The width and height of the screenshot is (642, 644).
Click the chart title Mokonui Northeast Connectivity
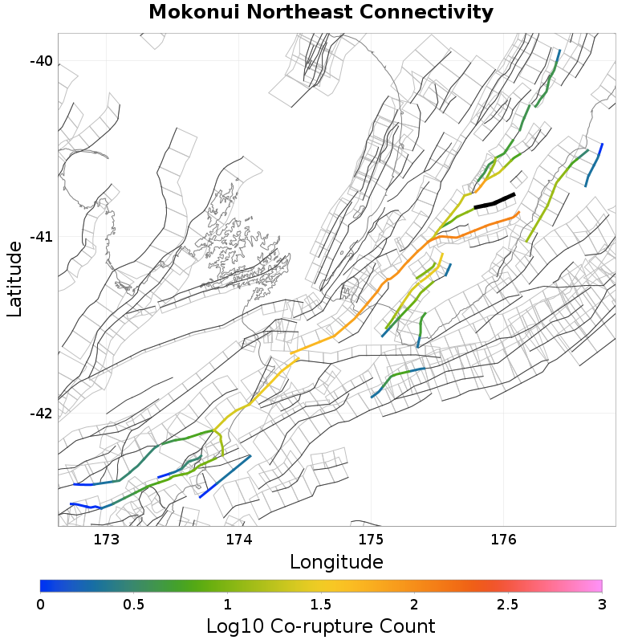click(321, 13)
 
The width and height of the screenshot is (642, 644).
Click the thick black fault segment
click(494, 201)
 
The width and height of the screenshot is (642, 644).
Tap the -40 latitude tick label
click(41, 62)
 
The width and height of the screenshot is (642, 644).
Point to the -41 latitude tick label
click(41, 238)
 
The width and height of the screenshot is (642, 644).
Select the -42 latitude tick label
click(41, 414)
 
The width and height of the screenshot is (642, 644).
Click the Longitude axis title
click(336, 561)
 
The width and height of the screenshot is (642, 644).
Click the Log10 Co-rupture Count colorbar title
click(321, 626)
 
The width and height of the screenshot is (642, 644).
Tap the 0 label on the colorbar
click(41, 603)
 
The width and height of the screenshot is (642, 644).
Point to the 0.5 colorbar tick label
click(134, 603)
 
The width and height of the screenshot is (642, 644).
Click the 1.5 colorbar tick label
click(321, 603)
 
